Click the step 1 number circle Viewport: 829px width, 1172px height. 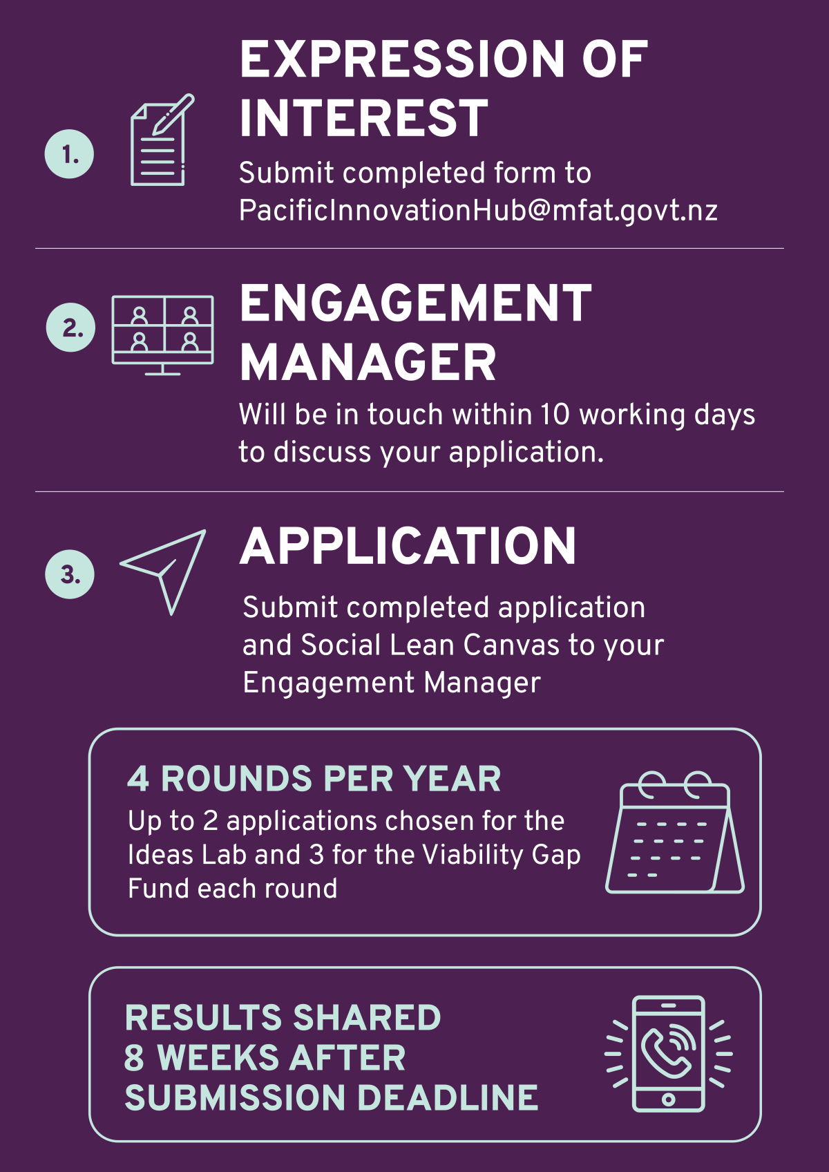(70, 154)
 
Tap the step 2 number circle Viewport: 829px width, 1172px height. (71, 328)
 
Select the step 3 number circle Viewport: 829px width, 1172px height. (70, 574)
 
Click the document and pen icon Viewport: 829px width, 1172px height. (161, 140)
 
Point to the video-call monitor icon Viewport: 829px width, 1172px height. (163, 334)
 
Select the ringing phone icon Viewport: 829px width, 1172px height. (669, 1054)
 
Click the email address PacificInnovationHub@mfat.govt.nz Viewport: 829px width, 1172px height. (478, 210)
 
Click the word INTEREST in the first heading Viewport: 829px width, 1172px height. (364, 118)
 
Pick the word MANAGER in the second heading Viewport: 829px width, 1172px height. (368, 363)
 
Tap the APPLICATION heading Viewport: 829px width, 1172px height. (408, 547)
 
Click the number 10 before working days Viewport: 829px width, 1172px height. (555, 415)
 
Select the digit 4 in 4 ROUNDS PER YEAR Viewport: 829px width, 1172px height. (138, 779)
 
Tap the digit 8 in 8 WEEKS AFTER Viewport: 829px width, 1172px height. (134, 1058)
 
